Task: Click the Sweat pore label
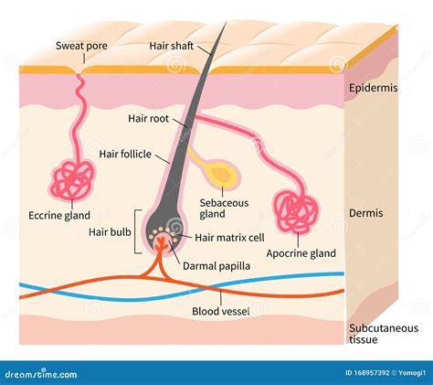(82, 45)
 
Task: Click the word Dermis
(366, 213)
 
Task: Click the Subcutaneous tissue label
(383, 334)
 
